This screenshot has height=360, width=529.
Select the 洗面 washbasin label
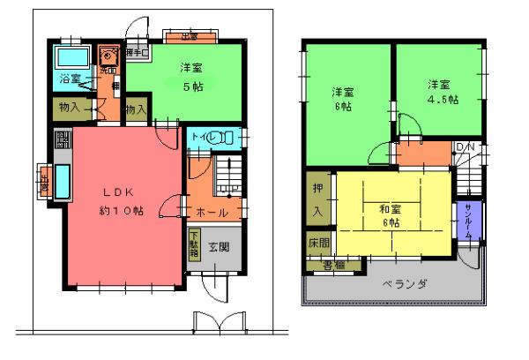pos(107,69)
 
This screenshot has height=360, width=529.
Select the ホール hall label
pos(212,213)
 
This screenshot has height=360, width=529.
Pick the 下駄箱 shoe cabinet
pos(193,244)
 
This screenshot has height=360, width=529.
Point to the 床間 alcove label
pos(318,242)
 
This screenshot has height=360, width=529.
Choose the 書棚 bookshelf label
pos(332,264)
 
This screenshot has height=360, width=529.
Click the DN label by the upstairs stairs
pos(464,146)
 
